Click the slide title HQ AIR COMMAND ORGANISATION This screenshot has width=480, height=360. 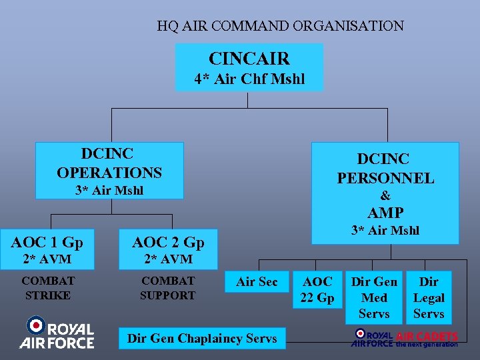point(280,27)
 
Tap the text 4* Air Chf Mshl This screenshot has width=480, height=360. point(249,79)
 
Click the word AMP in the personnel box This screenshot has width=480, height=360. point(385,213)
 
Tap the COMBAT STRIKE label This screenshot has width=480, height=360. point(48,288)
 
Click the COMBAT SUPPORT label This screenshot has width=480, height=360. point(167,288)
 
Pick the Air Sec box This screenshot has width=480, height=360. point(257,282)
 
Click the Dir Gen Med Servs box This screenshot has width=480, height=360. point(374,297)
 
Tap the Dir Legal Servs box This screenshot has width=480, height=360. point(429,297)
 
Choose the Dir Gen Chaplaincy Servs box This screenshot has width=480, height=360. point(202,338)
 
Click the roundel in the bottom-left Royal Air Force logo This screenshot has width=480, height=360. point(35,326)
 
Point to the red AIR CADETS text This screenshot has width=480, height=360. point(427,336)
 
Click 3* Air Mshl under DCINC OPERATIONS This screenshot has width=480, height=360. point(109,191)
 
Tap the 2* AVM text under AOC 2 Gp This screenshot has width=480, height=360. point(168,259)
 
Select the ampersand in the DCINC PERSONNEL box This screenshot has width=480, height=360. point(385,195)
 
